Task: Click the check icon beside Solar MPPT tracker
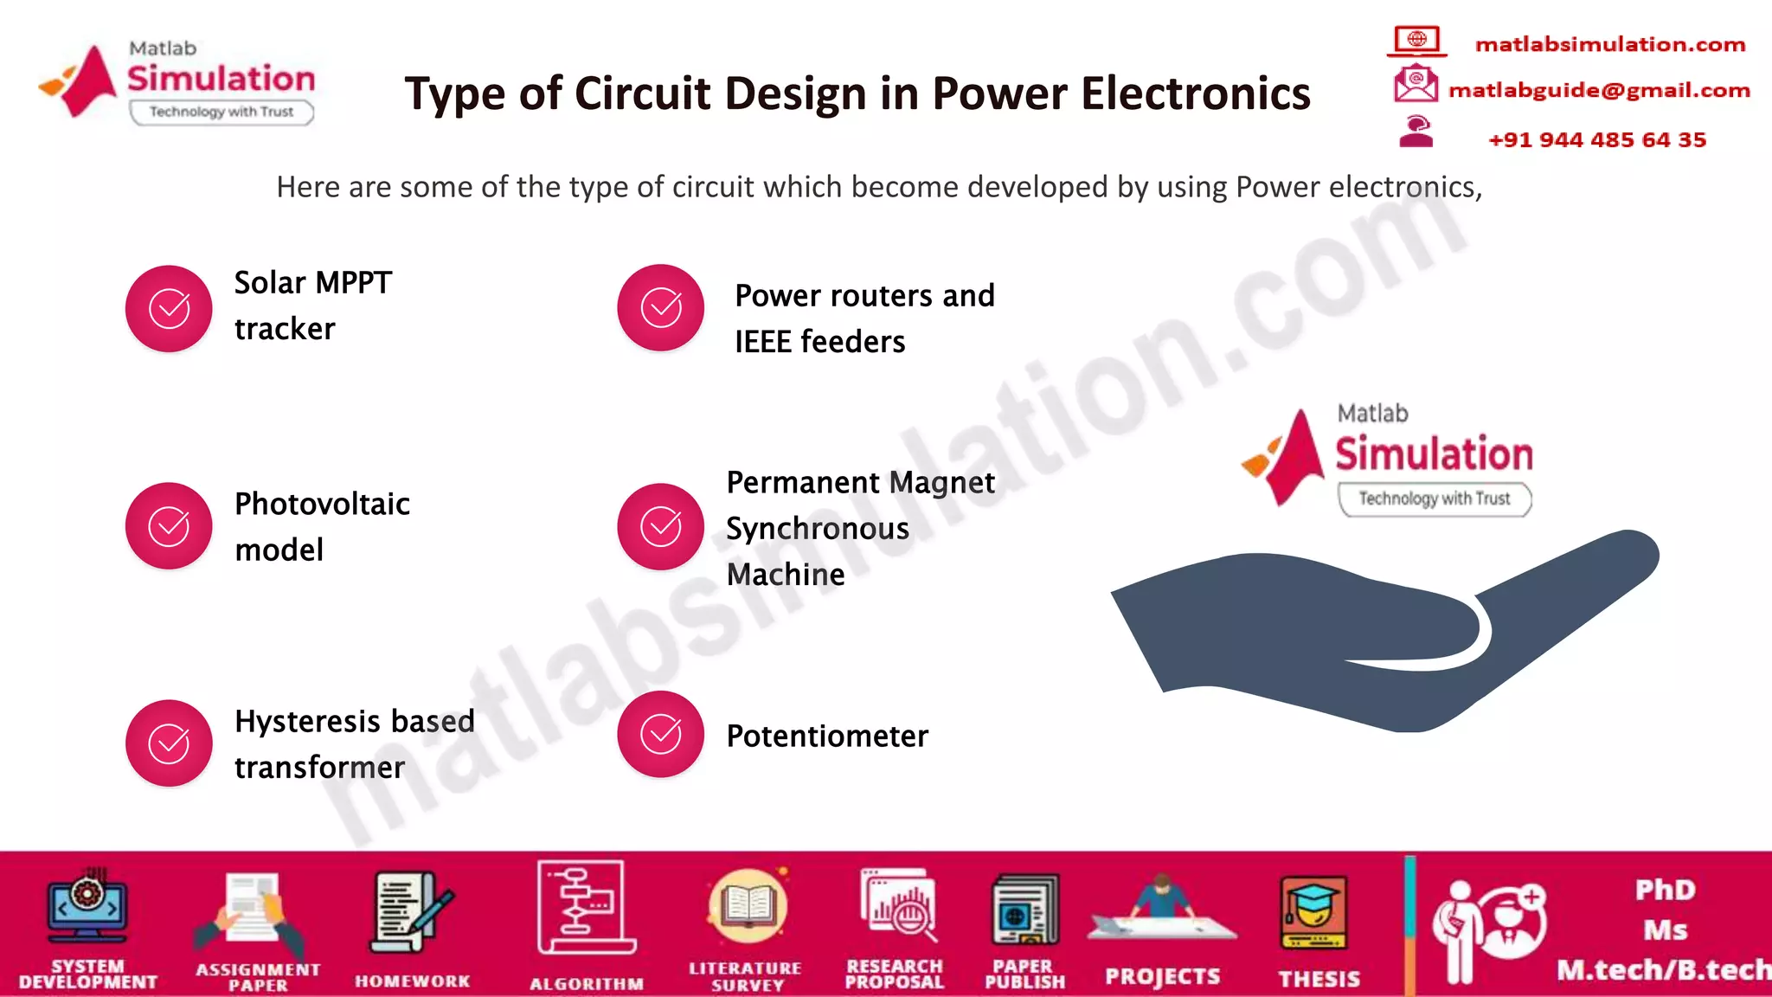[169, 309]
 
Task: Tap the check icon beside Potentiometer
[660, 735]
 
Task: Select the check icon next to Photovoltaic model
[169, 526]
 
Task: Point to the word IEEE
[763, 342]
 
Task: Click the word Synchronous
[817, 529]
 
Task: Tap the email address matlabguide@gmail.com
[1598, 90]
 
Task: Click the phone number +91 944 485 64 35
[1596, 140]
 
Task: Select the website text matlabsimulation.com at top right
[1609, 44]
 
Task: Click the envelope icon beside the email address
[1416, 85]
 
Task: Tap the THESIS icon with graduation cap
[1313, 914]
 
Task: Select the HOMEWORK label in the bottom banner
[412, 981]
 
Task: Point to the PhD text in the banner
[1665, 890]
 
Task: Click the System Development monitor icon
[87, 907]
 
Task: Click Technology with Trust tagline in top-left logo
[221, 112]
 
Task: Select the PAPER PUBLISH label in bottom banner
[1024, 974]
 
